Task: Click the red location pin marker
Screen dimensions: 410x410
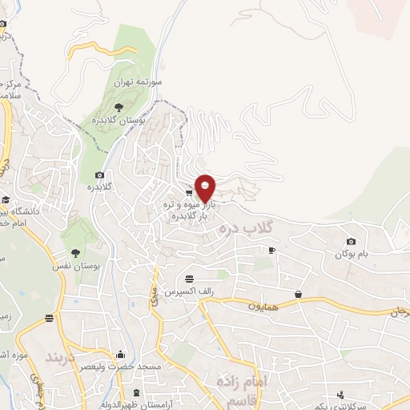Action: click(x=205, y=187)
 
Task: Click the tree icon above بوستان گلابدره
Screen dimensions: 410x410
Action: click(x=119, y=106)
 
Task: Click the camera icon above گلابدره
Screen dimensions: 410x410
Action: click(x=99, y=175)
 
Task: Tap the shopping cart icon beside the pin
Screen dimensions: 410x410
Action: click(x=188, y=192)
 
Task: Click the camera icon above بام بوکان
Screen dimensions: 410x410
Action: click(x=351, y=241)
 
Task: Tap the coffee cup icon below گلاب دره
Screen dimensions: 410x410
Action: click(x=271, y=251)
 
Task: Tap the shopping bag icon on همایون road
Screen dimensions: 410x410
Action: click(x=298, y=295)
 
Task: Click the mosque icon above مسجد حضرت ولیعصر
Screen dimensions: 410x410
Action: click(x=121, y=354)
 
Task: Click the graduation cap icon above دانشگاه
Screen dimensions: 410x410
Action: click(x=6, y=200)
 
